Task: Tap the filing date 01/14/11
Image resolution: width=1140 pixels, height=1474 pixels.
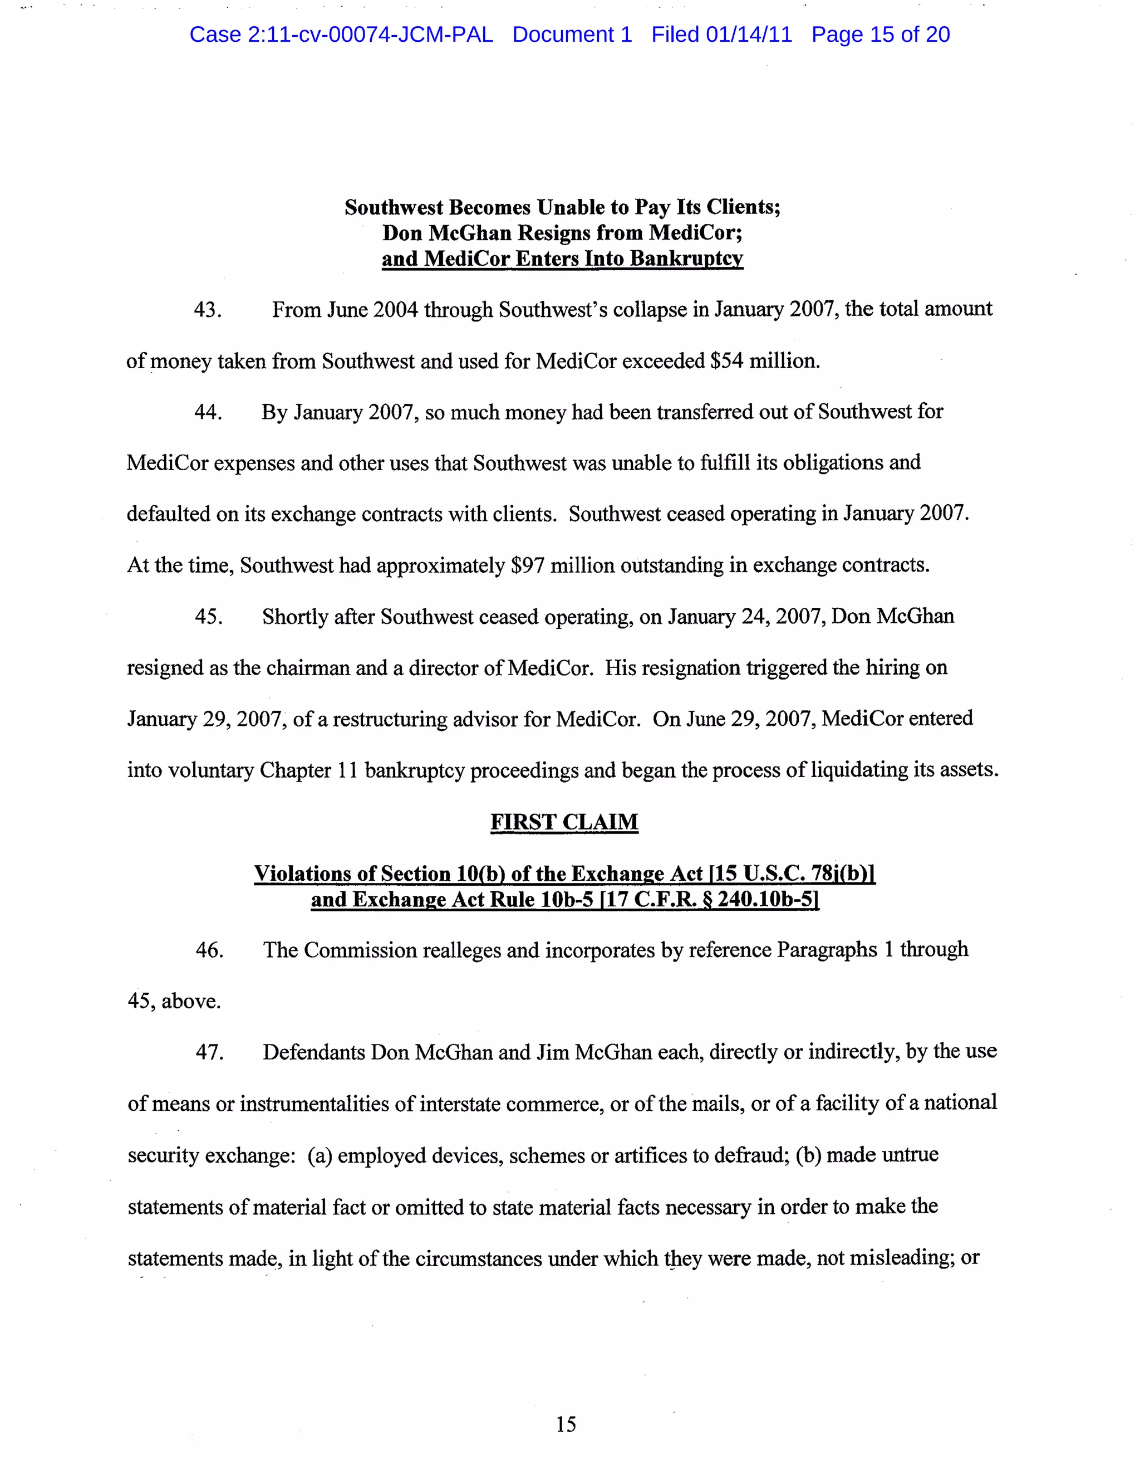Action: (x=749, y=35)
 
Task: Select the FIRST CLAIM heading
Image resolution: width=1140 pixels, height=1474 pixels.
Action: (x=564, y=822)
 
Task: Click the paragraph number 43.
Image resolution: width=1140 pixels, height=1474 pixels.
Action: (x=207, y=310)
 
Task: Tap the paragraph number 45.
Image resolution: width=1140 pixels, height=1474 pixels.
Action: (x=208, y=617)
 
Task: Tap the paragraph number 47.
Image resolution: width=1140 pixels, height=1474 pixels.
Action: (x=209, y=1052)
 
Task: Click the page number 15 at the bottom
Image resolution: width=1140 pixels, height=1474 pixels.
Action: (x=566, y=1424)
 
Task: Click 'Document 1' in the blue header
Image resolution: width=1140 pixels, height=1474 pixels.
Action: (x=572, y=35)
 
